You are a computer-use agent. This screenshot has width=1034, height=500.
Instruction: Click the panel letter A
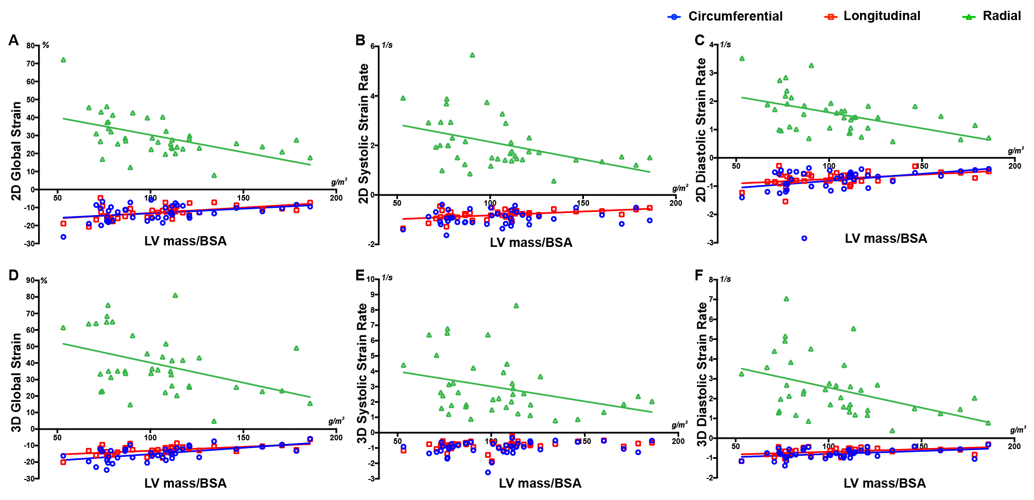[13, 41]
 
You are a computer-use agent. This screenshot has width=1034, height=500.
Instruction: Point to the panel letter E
[360, 275]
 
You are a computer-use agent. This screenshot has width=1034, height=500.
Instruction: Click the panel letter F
[699, 275]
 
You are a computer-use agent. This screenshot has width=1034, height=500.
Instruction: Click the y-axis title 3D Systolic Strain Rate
[363, 373]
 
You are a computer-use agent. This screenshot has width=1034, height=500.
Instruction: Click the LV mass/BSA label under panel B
[531, 243]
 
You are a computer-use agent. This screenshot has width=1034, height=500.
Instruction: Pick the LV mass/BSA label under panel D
[185, 484]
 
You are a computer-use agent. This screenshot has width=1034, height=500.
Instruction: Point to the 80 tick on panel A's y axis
[31, 45]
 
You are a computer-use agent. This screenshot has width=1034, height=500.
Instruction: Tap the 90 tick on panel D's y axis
[31, 280]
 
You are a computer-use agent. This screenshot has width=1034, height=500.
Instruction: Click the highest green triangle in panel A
[63, 60]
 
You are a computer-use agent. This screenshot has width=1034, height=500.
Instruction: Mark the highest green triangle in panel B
[472, 55]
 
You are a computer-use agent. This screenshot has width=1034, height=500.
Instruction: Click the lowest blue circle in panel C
[804, 238]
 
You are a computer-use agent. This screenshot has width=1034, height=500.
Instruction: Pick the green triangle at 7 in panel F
[786, 299]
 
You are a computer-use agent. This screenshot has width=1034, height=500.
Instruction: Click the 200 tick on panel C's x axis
[1014, 166]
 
